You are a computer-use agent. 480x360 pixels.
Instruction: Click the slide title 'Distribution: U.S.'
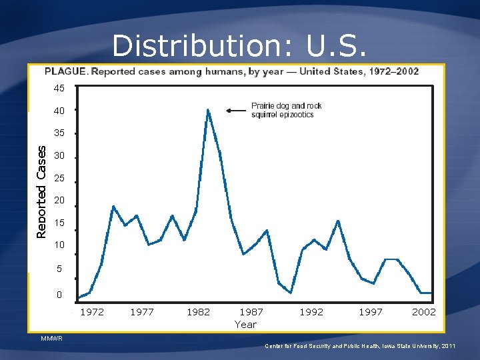[239, 45]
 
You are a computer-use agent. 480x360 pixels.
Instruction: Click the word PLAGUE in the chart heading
[66, 72]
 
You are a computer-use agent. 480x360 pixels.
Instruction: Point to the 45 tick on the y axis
[59, 88]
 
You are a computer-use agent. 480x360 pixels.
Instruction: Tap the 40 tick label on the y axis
[59, 111]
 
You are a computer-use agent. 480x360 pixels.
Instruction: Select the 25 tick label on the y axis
[59, 179]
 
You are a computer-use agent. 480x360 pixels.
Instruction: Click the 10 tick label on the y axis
[59, 245]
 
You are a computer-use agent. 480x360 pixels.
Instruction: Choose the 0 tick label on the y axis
[59, 295]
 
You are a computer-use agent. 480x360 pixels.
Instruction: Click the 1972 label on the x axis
[92, 311]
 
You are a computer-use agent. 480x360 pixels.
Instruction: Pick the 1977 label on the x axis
[142, 311]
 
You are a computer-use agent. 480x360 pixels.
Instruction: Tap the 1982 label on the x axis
[198, 311]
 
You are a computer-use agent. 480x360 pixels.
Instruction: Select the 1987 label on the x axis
[251, 311]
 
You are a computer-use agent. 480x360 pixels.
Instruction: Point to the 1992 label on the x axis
[311, 311]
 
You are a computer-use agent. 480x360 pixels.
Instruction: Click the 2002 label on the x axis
[424, 311]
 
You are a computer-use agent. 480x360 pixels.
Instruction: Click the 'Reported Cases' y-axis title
[42, 192]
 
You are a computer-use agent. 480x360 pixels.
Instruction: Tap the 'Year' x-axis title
[245, 324]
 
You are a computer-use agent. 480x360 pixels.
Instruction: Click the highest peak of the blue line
[208, 110]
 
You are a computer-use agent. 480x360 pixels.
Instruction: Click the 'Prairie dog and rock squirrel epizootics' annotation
[286, 110]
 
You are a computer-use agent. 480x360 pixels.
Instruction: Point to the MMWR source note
[51, 339]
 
